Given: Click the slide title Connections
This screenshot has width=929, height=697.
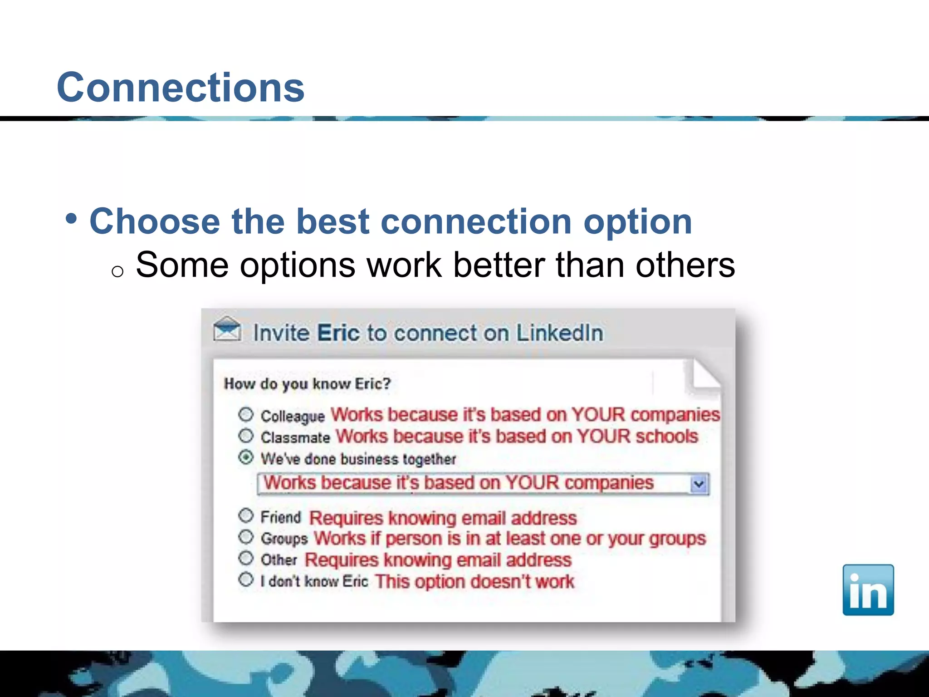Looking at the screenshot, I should pyautogui.click(x=181, y=87).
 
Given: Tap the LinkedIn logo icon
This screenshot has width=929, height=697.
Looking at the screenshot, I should pyautogui.click(x=868, y=590).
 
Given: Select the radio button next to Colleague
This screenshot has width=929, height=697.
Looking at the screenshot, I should pyautogui.click(x=246, y=414).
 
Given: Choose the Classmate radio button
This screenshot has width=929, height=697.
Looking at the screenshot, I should pyautogui.click(x=246, y=436).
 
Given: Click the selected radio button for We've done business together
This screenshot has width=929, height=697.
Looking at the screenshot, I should pyautogui.click(x=246, y=457).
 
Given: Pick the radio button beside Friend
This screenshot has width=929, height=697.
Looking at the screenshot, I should pyautogui.click(x=246, y=515).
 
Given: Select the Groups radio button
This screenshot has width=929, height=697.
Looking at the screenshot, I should pyautogui.click(x=246, y=537).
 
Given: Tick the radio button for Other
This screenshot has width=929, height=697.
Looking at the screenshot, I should pyautogui.click(x=246, y=558).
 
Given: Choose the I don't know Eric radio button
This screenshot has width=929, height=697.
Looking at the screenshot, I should pyautogui.click(x=246, y=579).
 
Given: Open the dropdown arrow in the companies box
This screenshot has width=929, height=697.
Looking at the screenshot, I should pyautogui.click(x=699, y=484).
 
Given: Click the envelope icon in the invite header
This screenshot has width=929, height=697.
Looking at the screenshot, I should pyautogui.click(x=227, y=330).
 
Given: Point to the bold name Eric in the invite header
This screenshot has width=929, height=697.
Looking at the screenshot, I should pyautogui.click(x=338, y=333).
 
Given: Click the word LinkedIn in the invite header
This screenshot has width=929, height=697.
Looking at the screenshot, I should pyautogui.click(x=560, y=333).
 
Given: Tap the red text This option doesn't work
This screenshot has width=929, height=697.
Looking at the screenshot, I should pyautogui.click(x=474, y=581).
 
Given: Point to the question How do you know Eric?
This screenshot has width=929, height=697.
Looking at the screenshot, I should pyautogui.click(x=307, y=384).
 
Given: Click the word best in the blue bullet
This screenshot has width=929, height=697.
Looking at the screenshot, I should pyautogui.click(x=333, y=221).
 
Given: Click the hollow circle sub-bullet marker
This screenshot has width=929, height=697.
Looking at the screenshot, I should pyautogui.click(x=117, y=271).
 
